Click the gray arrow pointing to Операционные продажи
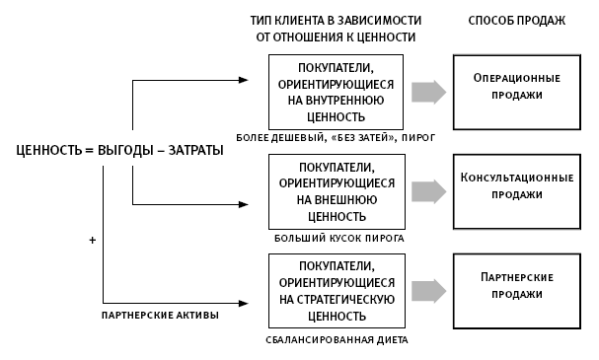pos(427,91)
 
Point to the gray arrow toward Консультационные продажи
pos(427,188)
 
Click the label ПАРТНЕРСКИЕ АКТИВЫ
pos(160,315)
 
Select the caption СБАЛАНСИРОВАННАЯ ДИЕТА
pos(337,339)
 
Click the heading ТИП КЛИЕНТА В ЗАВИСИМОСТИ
pos(336,20)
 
